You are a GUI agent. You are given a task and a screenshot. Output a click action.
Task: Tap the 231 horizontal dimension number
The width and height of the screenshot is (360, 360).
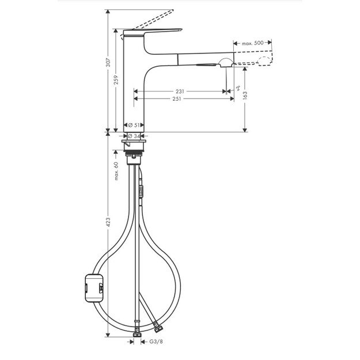coord(180,91)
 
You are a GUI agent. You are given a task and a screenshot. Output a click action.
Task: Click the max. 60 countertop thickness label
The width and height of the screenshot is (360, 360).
coord(116,171)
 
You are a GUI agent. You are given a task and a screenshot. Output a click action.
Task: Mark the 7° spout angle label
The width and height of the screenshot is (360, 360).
coord(238,88)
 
